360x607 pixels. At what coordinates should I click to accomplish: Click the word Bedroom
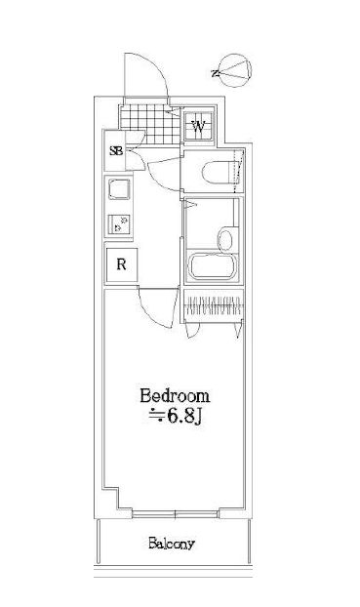coord(175,395)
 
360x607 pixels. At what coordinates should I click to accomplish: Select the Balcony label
coord(172,544)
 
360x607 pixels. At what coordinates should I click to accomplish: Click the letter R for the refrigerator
coord(122,264)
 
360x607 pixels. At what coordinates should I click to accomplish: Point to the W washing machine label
coord(199,126)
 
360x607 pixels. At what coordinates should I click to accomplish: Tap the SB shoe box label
coord(116,150)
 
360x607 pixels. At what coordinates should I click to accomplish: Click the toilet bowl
coord(216,172)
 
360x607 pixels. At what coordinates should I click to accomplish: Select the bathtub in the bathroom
coord(212,265)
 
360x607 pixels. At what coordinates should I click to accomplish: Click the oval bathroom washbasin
coord(225,239)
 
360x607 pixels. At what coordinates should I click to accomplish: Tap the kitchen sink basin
coord(119,189)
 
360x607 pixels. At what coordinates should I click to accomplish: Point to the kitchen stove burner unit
coord(120,224)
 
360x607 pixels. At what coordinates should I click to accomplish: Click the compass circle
coord(235,69)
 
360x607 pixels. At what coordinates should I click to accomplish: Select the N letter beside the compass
coord(214,73)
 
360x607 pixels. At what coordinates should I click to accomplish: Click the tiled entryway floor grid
coord(150,124)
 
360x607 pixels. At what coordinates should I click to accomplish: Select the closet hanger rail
coord(214,306)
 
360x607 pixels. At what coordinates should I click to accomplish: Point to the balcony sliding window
coord(176,514)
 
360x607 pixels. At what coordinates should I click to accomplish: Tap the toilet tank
coord(236,172)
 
